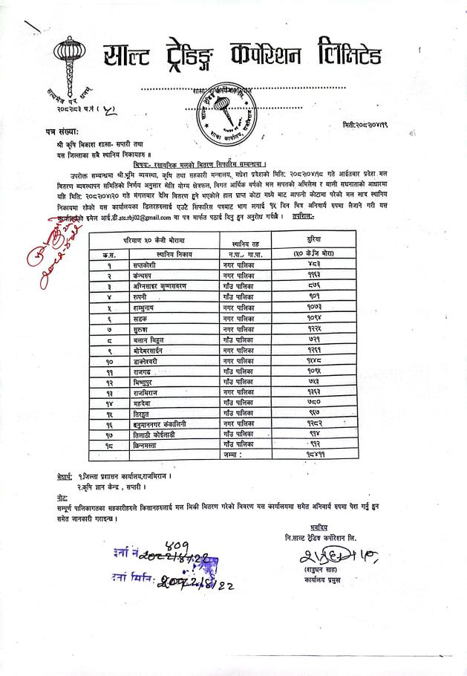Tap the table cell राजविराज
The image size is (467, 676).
[x=148, y=391]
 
